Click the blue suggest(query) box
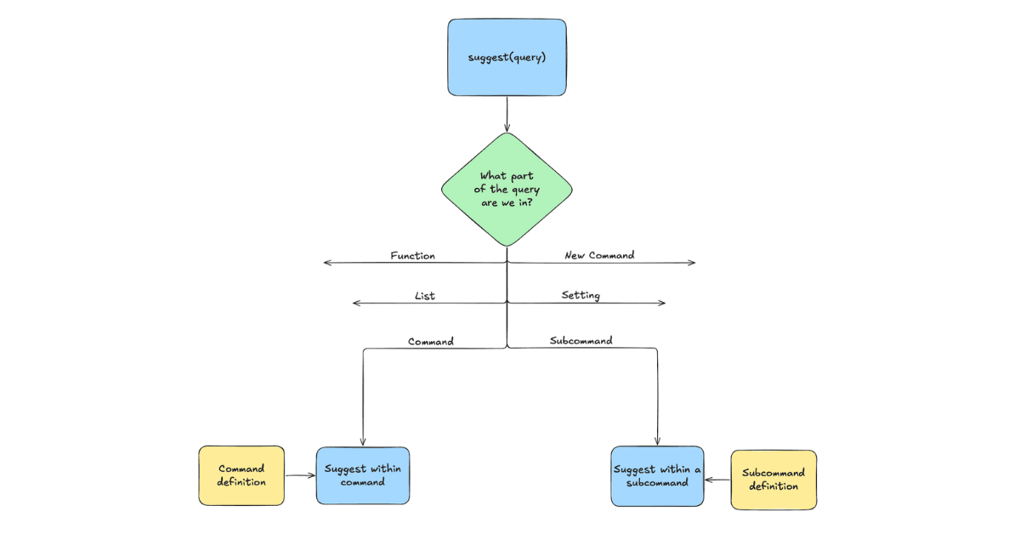tap(507, 57)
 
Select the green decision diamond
tap(507, 189)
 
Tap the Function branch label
tap(412, 255)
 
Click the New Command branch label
tap(599, 255)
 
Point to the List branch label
tap(424, 296)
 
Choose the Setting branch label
tap(581, 295)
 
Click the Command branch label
tap(431, 341)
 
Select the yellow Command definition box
tap(241, 475)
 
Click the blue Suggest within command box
tap(364, 475)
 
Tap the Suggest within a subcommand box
tap(658, 476)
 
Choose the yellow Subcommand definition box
tap(773, 480)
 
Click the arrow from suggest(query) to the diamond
tap(507, 114)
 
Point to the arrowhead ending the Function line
tap(327, 264)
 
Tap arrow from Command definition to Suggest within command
tap(300, 476)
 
